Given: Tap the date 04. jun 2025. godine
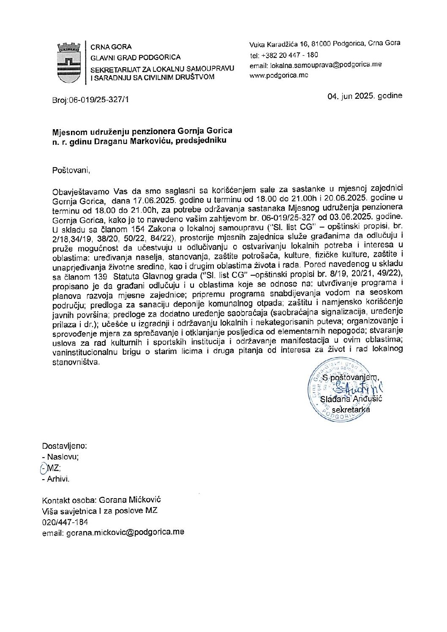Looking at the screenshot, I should click(365, 96).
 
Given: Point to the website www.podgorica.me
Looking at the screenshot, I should click(279, 76).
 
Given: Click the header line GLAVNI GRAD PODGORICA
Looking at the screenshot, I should click(136, 57).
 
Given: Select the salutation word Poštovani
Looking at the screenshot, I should click(71, 170).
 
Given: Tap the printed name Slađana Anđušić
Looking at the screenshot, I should click(351, 399).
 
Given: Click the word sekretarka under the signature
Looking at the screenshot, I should click(351, 410).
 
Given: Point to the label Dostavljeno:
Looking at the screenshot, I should click(65, 446).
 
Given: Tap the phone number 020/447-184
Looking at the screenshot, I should click(65, 522).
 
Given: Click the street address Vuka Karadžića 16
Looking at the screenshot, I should click(278, 44).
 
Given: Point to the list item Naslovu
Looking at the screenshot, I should click(63, 457).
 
